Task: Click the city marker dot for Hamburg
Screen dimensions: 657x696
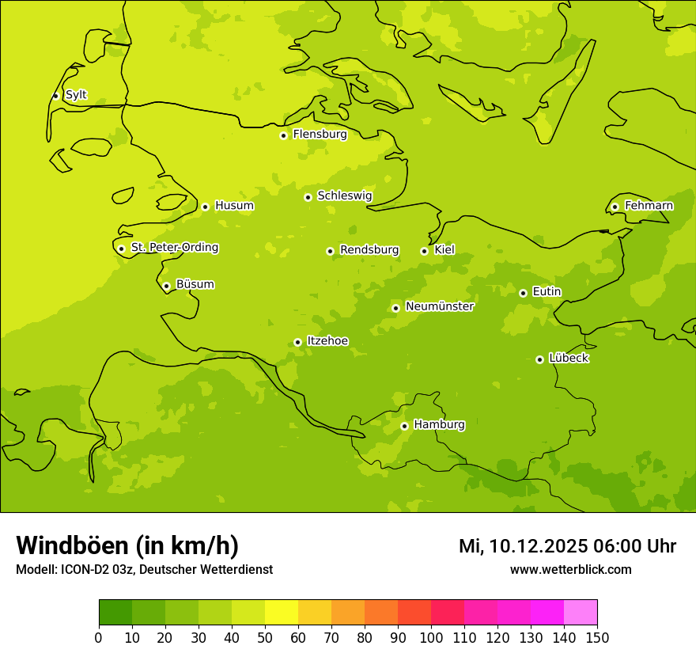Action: (404, 426)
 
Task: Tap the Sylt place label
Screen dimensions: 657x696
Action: (76, 95)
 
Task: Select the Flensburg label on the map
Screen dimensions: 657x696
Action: (320, 135)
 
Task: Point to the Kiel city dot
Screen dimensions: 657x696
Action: (425, 251)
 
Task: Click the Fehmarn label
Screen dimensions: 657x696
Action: (649, 206)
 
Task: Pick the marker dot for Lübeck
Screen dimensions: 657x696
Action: (539, 359)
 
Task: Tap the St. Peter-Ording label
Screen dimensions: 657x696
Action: (174, 248)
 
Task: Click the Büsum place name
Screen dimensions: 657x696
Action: (195, 285)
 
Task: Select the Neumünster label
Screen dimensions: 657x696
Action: (439, 306)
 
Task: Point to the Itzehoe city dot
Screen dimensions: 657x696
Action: (297, 343)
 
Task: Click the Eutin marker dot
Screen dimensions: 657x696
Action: (523, 293)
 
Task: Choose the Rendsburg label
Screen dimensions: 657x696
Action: (369, 250)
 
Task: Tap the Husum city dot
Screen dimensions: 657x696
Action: (205, 207)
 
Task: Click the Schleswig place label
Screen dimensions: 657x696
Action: (344, 196)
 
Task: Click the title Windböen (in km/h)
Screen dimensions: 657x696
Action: (127, 546)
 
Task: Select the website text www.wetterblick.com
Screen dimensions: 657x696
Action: (570, 570)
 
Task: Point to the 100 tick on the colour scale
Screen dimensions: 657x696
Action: (431, 637)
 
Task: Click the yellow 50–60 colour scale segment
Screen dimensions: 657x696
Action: (282, 613)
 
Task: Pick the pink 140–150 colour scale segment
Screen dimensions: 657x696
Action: (581, 613)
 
